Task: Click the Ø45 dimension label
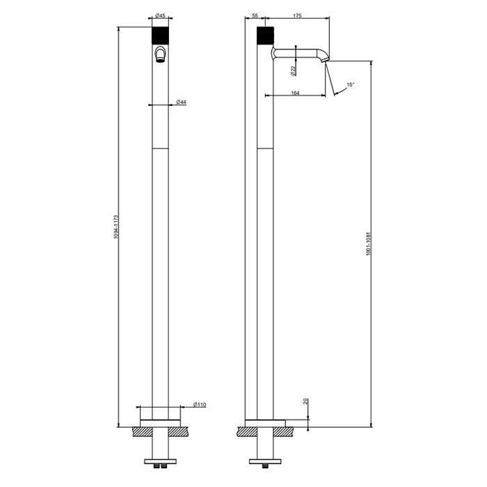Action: [x=160, y=15]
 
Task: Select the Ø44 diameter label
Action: [x=181, y=103]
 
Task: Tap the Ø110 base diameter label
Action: [x=200, y=404]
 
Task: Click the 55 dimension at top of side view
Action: [x=255, y=15]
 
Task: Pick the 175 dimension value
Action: [x=298, y=15]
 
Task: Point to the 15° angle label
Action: [x=351, y=85]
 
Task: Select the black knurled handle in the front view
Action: [x=161, y=35]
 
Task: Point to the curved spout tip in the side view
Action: [x=323, y=61]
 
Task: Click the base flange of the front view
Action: [x=161, y=415]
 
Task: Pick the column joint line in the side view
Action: [x=266, y=148]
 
